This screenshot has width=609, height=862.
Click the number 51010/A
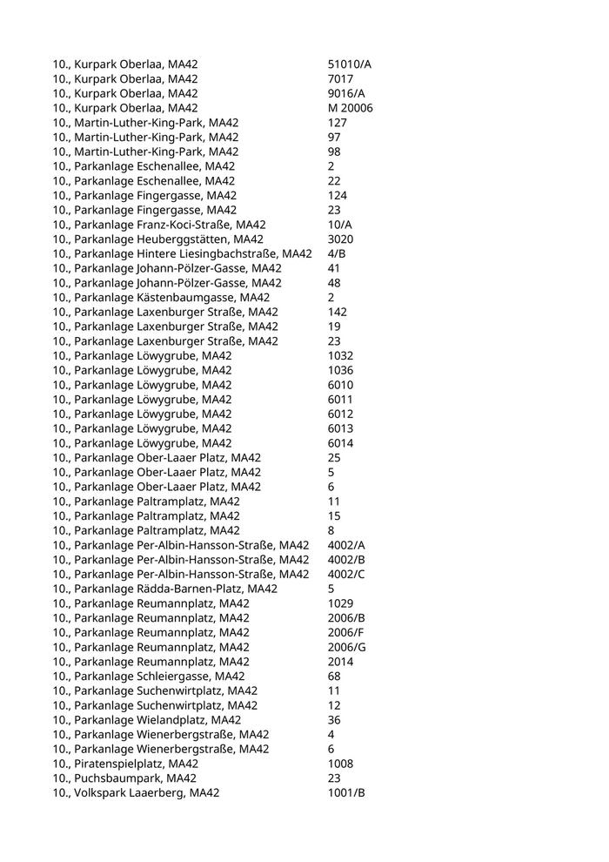click(350, 64)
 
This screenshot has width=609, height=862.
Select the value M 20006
click(351, 108)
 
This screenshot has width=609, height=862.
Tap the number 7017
click(341, 79)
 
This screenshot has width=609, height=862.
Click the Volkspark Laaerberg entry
click(136, 793)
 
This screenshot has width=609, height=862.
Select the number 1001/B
click(346, 793)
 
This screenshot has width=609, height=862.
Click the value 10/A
click(340, 225)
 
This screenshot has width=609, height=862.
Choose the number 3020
click(341, 239)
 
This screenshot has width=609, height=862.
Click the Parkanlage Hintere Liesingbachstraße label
click(182, 253)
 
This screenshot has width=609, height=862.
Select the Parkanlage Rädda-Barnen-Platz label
click(164, 589)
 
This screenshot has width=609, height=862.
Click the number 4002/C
click(346, 574)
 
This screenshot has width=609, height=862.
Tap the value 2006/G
click(346, 647)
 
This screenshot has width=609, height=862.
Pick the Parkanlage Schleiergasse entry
click(149, 677)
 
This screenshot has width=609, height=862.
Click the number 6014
click(341, 443)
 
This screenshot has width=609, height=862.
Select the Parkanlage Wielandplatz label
click(147, 720)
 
